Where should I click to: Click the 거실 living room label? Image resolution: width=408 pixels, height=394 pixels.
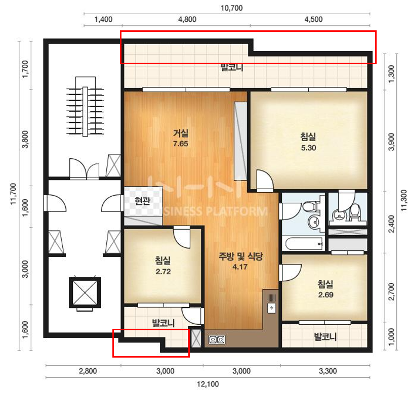[x=181, y=133]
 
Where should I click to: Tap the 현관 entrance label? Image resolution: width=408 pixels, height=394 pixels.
[x=142, y=201]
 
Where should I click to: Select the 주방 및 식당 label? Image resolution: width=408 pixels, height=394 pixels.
[x=240, y=256]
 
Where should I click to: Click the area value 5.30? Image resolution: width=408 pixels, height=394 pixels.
[x=308, y=148]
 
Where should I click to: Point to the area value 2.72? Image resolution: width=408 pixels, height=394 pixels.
[x=163, y=272]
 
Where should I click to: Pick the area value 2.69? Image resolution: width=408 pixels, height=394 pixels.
[x=326, y=295]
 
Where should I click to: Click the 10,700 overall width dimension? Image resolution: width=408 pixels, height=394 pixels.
[x=231, y=8]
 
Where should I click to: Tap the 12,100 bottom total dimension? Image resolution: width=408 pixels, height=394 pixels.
[x=208, y=384]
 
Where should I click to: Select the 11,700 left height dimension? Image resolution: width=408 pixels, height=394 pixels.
[x=13, y=194]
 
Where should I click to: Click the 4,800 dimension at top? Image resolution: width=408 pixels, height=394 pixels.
[x=187, y=19]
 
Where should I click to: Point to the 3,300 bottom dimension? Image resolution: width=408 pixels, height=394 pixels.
[x=328, y=371]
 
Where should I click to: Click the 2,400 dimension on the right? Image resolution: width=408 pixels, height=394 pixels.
[x=391, y=224]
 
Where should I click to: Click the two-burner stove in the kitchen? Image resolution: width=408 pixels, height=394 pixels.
[x=217, y=339]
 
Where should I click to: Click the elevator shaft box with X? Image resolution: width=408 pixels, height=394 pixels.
[x=85, y=292]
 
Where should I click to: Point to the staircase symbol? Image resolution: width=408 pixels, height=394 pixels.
[x=85, y=107]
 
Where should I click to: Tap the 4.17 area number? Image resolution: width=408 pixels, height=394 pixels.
[x=240, y=267]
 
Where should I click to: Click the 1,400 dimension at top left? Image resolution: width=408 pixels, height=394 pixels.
[x=103, y=19]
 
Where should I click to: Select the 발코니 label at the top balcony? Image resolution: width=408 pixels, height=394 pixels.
[x=232, y=68]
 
